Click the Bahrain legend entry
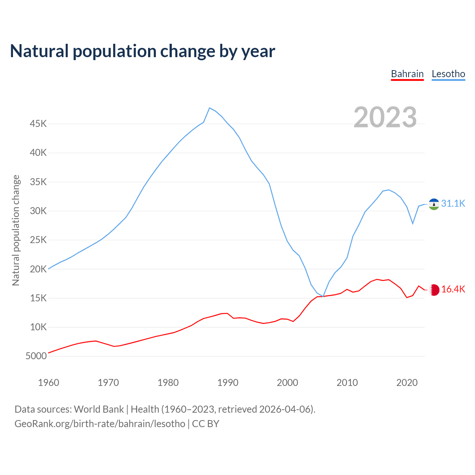click(x=407, y=74)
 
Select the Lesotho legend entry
click(x=448, y=74)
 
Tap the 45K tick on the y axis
click(x=38, y=124)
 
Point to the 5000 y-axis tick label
click(x=36, y=356)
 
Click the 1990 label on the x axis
click(x=227, y=383)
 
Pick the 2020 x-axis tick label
click(x=407, y=383)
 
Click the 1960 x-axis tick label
click(x=49, y=383)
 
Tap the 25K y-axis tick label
click(x=38, y=240)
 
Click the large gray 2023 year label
click(x=385, y=117)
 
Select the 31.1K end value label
click(x=453, y=203)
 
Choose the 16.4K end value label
click(x=453, y=289)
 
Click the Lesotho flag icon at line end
click(x=434, y=204)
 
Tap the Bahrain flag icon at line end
click(x=434, y=290)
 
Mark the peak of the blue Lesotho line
click(x=210, y=108)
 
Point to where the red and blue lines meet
click(x=323, y=296)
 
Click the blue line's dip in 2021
click(x=413, y=223)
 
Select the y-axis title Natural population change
click(x=16, y=230)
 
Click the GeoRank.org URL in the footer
click(x=100, y=424)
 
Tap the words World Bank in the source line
click(x=99, y=409)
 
